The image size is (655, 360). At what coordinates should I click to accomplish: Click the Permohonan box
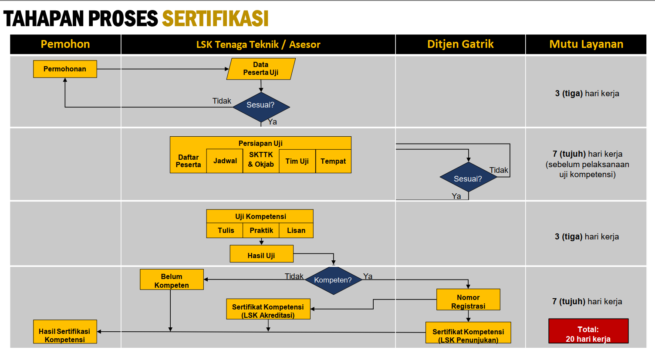[x=65, y=69]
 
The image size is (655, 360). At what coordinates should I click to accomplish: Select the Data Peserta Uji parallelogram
[x=261, y=69]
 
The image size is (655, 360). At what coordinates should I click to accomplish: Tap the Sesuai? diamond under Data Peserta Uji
[x=261, y=105]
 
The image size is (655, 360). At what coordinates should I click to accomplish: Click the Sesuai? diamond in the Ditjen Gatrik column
[x=468, y=178]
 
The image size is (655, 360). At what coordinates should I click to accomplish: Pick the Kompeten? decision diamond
[x=333, y=280]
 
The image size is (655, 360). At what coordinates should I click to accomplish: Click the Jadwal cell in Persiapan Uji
[x=225, y=161]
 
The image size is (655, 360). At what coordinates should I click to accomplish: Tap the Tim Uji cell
[x=297, y=161]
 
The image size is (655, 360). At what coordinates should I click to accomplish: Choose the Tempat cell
[x=333, y=161]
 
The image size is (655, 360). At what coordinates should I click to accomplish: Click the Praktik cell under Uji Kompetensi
[x=261, y=230]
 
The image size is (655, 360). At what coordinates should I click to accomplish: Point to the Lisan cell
[x=296, y=230]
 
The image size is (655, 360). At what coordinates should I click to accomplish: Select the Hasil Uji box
[x=261, y=254]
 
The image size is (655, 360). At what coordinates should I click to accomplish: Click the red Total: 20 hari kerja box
[x=588, y=331]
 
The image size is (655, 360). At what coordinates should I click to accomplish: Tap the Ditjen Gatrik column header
[x=460, y=44]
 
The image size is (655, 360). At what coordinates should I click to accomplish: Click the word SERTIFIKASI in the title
[x=215, y=19]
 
